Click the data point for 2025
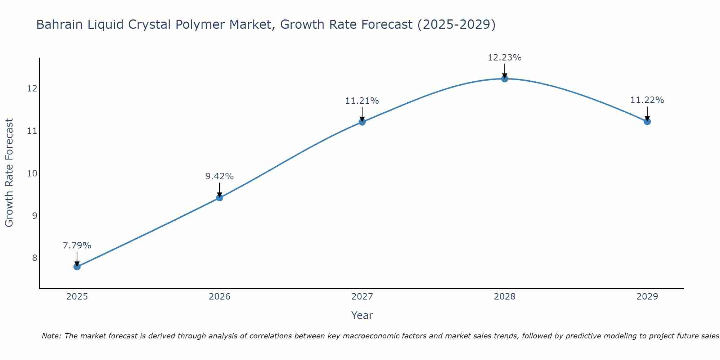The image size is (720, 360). (x=77, y=267)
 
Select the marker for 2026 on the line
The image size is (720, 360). (x=220, y=197)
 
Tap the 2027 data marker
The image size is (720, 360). (x=362, y=122)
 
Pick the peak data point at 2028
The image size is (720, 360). (x=505, y=79)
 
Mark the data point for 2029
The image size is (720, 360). (x=647, y=122)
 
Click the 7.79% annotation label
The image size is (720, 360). (x=77, y=246)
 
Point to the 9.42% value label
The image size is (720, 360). (x=220, y=176)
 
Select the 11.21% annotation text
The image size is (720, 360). (x=362, y=101)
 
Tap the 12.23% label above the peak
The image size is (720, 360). (x=505, y=58)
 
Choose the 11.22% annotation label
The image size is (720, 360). (x=647, y=100)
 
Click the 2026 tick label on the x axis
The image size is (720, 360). (x=220, y=297)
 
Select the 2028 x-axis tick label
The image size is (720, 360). (x=505, y=297)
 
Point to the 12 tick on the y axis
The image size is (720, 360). (x=32, y=88)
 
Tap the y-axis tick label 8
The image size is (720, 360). (x=35, y=258)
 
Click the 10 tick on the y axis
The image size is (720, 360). (x=32, y=174)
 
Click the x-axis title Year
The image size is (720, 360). (x=362, y=315)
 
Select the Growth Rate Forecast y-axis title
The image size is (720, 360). (x=9, y=173)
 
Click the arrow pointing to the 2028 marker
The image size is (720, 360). (x=505, y=71)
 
